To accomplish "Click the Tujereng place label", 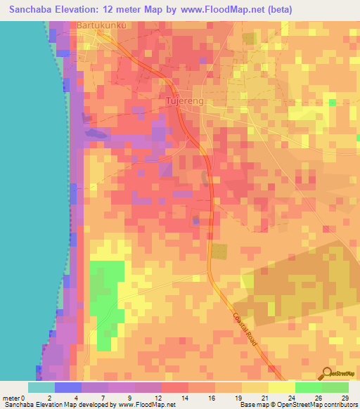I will click(x=184, y=100).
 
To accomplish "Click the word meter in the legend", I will click(x=11, y=397).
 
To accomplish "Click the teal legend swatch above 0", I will click(x=41, y=387).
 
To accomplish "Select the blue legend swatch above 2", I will click(x=68, y=387).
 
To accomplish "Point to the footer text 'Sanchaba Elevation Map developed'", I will click(x=42, y=405).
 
